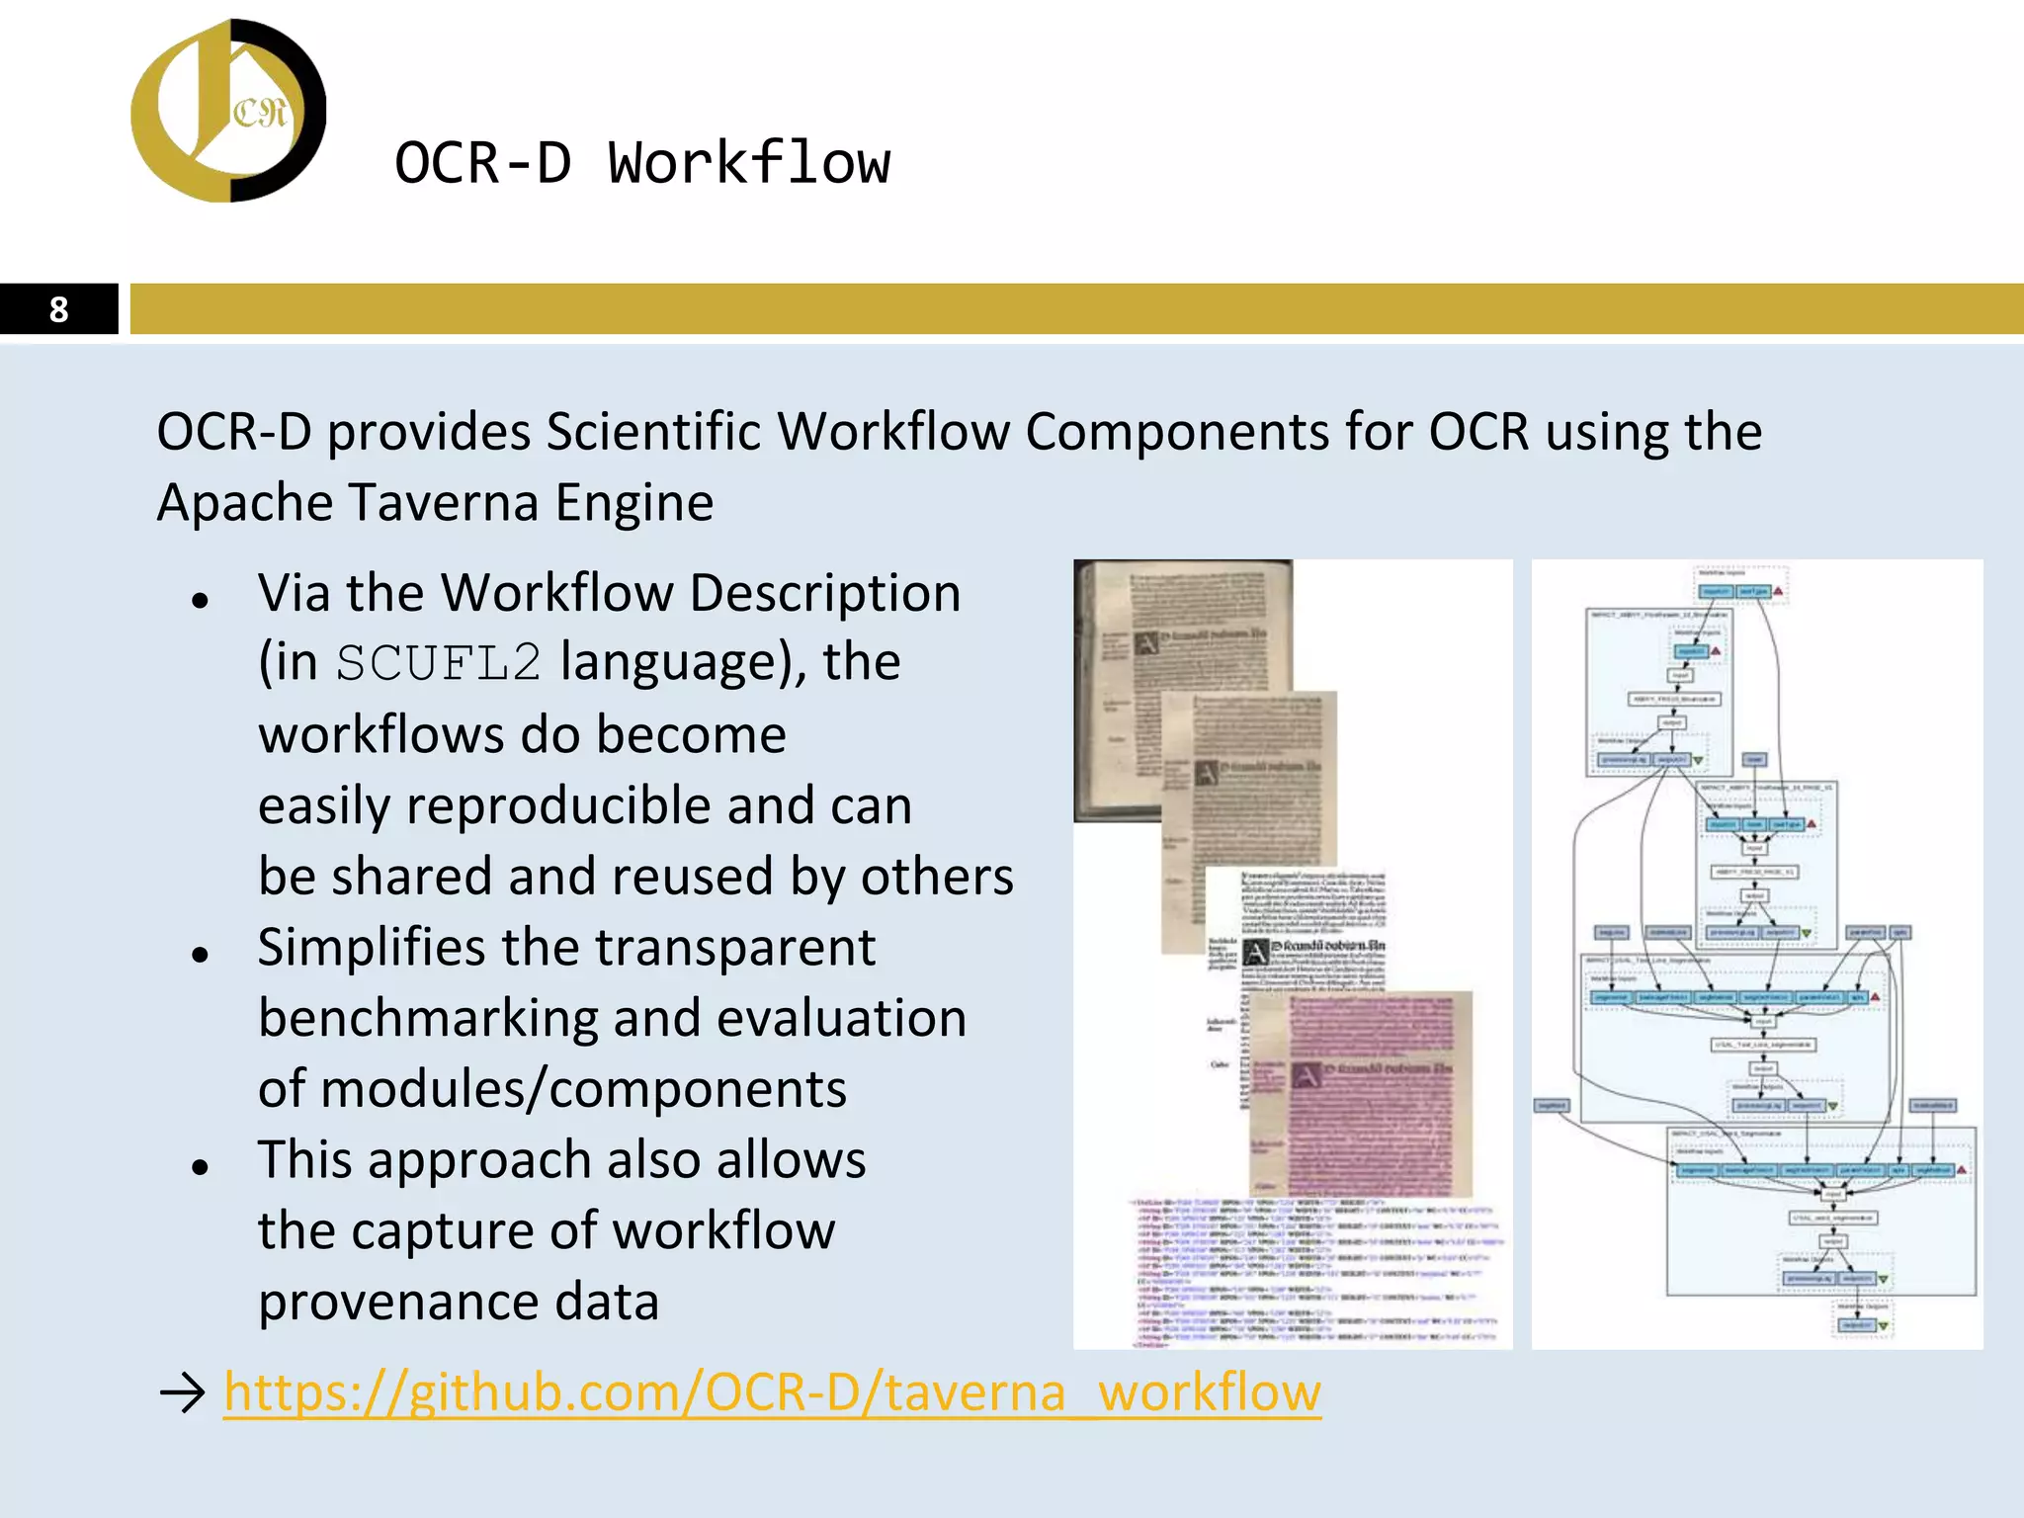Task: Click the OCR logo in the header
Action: click(x=228, y=111)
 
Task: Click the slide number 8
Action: click(x=58, y=309)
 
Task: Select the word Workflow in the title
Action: click(x=748, y=163)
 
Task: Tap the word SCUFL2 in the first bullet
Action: click(x=439, y=663)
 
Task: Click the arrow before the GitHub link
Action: click(x=182, y=1392)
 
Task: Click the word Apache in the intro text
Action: click(x=247, y=502)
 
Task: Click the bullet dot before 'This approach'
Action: click(x=201, y=1167)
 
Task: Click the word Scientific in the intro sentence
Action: click(x=653, y=432)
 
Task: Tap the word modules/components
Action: click(x=583, y=1089)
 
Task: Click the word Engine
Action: click(x=633, y=502)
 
